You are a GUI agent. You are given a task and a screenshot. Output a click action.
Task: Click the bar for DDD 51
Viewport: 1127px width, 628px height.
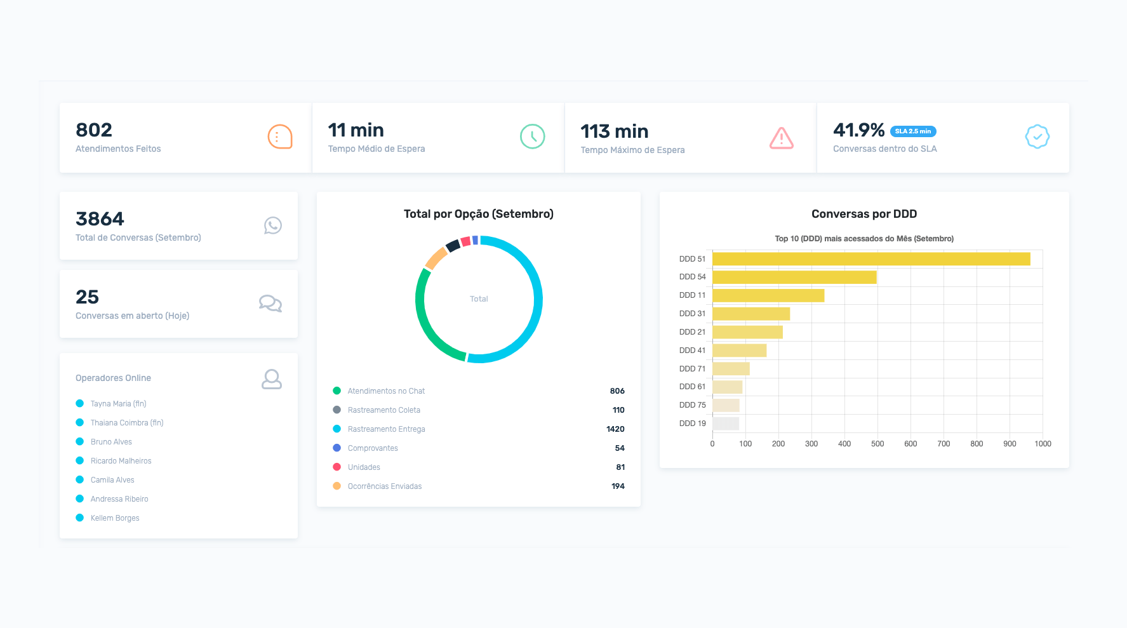click(x=870, y=259)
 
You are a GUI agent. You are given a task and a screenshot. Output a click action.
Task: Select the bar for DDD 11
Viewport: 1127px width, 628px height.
click(x=768, y=295)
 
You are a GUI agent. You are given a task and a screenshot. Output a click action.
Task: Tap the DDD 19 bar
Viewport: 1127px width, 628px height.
click(x=725, y=424)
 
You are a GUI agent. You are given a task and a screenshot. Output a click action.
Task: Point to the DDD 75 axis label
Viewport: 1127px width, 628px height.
click(x=692, y=405)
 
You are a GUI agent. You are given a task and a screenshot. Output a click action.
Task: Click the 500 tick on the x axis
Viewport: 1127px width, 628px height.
click(x=877, y=444)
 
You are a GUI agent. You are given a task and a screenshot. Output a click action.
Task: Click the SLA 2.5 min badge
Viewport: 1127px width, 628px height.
click(x=913, y=131)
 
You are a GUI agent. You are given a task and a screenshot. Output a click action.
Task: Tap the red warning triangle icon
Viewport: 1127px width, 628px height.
click(x=781, y=138)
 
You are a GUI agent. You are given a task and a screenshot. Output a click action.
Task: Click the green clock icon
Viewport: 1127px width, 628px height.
click(x=532, y=137)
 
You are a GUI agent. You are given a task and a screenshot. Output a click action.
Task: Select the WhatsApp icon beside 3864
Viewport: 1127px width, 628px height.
click(x=272, y=225)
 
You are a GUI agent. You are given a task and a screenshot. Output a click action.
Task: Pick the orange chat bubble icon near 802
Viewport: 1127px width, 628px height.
click(x=279, y=137)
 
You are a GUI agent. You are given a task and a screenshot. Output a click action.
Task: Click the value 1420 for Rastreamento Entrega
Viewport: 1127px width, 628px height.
click(x=615, y=429)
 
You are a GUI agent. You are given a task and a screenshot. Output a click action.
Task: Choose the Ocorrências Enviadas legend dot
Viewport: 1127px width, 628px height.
click(x=337, y=486)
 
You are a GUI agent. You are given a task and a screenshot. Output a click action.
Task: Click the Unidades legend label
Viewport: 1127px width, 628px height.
click(x=364, y=467)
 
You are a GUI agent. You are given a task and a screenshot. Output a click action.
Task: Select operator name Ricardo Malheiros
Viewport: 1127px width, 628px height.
click(x=121, y=461)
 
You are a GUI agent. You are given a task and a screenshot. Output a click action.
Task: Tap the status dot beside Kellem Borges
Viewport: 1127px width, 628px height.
click(x=80, y=518)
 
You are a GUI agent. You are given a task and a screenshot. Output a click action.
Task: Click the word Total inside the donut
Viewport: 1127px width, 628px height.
click(x=479, y=299)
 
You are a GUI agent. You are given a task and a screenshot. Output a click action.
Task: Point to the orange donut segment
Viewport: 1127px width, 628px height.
click(x=436, y=258)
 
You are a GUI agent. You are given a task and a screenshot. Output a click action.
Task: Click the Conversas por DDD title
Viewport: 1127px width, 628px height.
click(x=864, y=214)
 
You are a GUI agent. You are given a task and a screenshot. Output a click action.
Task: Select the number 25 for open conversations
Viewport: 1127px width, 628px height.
click(x=87, y=297)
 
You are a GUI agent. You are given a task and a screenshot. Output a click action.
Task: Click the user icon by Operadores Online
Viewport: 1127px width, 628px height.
click(x=271, y=379)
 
